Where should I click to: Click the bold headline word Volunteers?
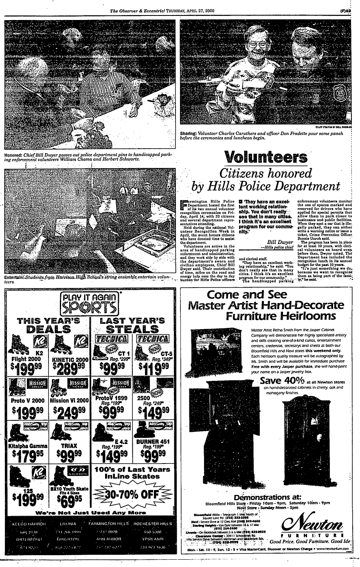coord(266,157)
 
